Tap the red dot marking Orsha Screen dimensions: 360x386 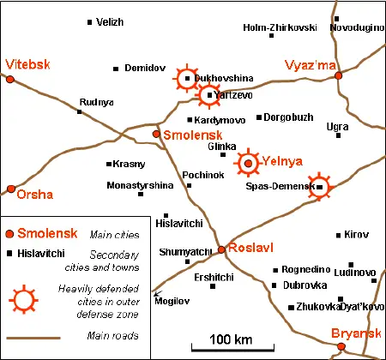click(11, 189)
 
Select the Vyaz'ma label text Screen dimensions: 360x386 click(310, 64)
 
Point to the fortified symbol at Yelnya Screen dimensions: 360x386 click(249, 161)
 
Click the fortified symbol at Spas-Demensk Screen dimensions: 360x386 click(319, 186)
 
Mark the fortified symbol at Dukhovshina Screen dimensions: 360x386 click(187, 79)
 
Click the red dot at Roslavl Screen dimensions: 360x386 click(221, 249)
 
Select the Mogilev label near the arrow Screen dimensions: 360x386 click(170, 301)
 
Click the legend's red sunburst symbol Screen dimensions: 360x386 click(25, 299)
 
